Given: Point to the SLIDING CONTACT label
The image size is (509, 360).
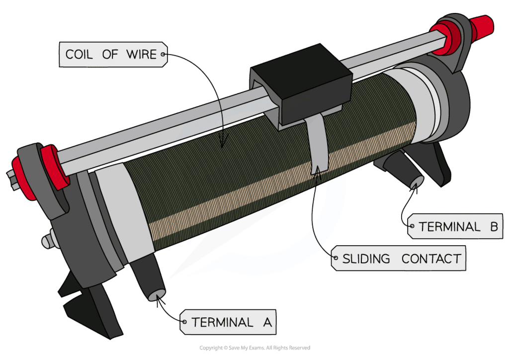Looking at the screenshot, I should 402,259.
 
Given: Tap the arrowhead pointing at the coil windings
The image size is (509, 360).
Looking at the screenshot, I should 222,144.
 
